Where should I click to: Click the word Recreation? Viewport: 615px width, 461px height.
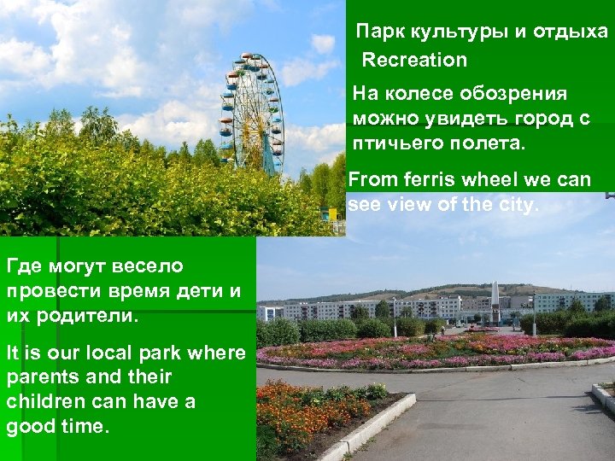[415, 61]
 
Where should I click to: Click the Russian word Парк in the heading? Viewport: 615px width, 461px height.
[381, 33]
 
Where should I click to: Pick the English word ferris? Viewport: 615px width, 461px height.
[425, 180]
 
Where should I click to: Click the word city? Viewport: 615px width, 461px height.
[517, 205]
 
